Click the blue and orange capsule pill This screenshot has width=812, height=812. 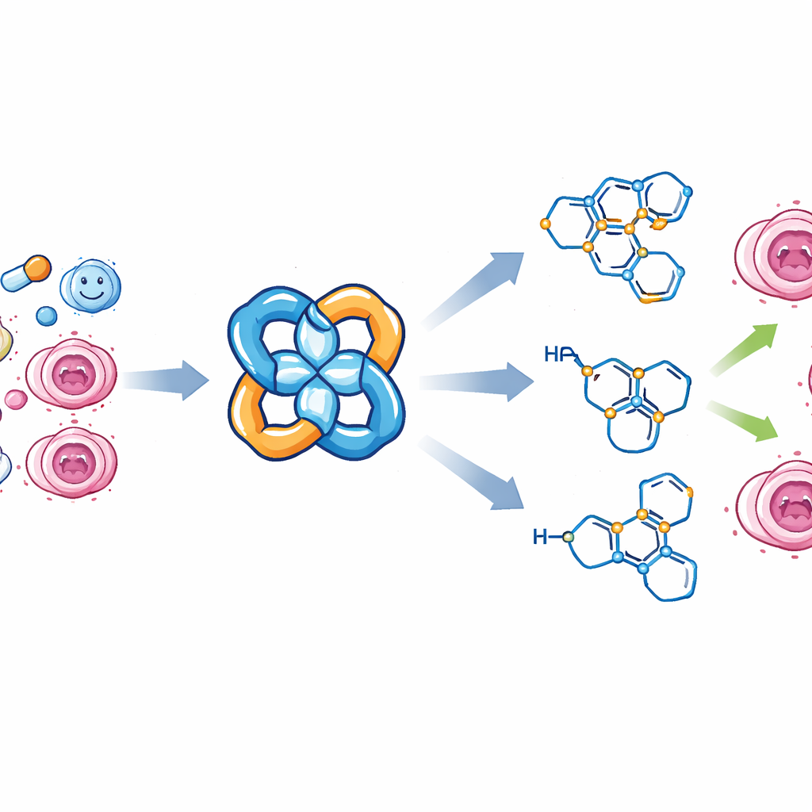point(26,274)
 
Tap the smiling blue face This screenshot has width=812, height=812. point(90,285)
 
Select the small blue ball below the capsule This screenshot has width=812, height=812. point(47,316)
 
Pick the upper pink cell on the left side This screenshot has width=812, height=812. point(71,374)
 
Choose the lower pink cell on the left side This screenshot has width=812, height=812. point(71,462)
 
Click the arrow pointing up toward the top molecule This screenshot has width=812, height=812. point(476,289)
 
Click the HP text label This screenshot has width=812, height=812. point(559,354)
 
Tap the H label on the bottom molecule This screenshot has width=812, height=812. point(541,538)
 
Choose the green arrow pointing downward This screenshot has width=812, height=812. point(745,420)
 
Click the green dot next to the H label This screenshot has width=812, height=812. point(568,537)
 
